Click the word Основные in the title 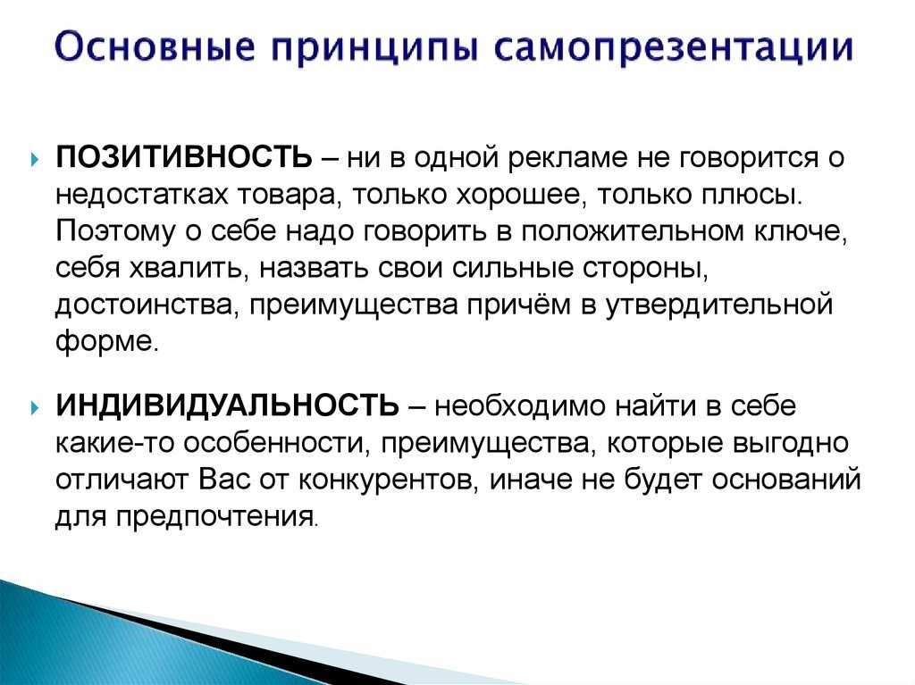[155, 46]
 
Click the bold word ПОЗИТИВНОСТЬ [184, 157]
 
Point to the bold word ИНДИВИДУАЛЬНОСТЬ [228, 405]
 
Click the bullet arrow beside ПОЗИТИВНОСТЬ [36, 159]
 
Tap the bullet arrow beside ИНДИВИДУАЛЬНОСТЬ [36, 406]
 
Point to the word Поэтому [115, 231]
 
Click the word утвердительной [718, 306]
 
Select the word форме [106, 342]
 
